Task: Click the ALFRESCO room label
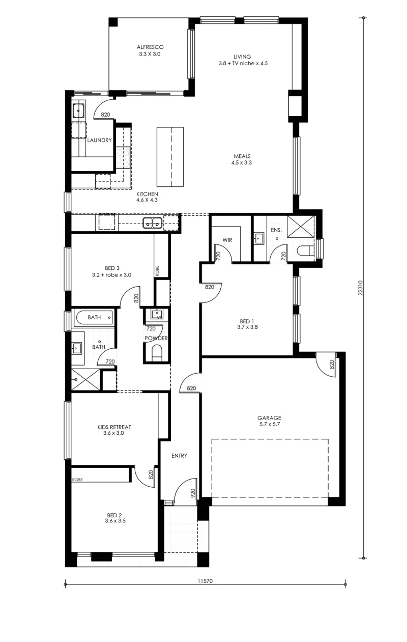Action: pos(150,47)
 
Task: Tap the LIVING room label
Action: pos(242,57)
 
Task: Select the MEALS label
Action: pos(242,156)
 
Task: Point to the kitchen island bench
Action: pos(170,157)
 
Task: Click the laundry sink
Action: pos(78,110)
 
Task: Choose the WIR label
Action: pos(227,240)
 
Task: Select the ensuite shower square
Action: pos(301,227)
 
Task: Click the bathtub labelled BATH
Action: pos(94,318)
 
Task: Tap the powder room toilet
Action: pos(157,353)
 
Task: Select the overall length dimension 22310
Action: pos(361,288)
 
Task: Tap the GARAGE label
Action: pos(269,418)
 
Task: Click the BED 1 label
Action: pos(247,321)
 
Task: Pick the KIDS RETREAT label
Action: pos(114,427)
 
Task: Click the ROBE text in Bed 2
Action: pos(77,480)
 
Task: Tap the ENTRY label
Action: pos(179,456)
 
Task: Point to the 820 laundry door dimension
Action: pos(105,115)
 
